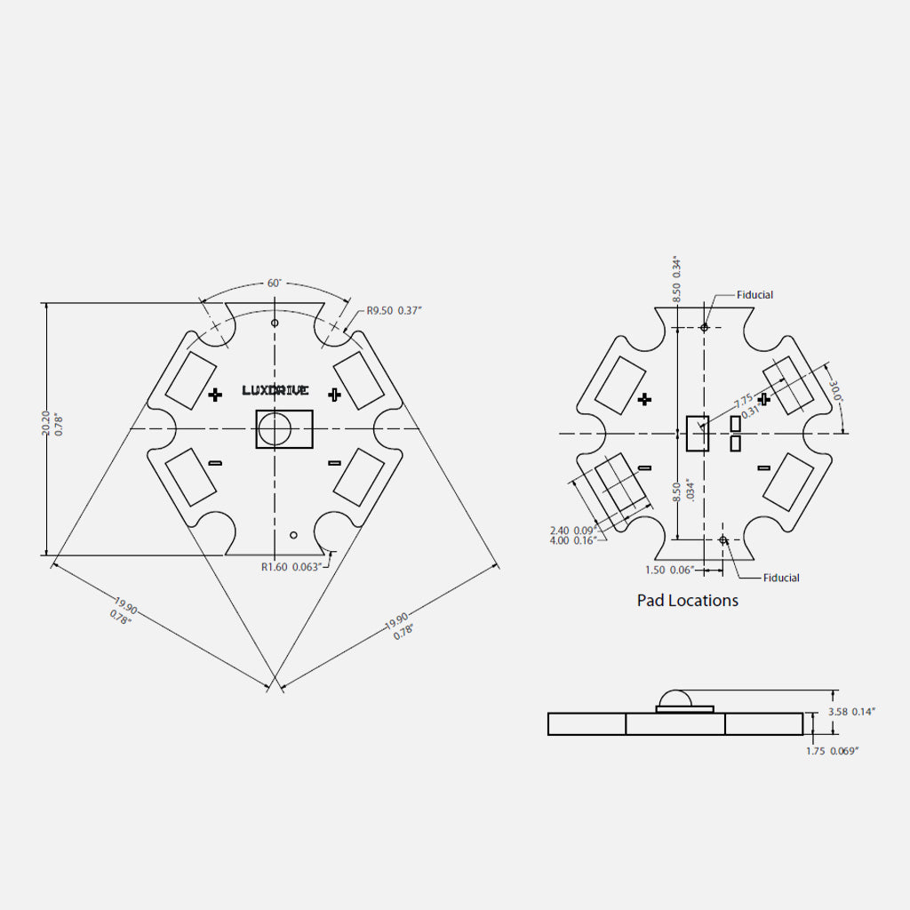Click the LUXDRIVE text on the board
tap(275, 390)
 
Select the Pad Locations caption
tap(687, 601)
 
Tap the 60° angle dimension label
tap(275, 283)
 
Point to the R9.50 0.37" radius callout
tap(395, 311)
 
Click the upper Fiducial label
tap(754, 295)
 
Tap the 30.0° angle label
tap(835, 391)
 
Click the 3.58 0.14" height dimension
tap(851, 712)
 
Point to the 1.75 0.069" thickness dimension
tap(832, 751)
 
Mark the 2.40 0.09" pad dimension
tap(571, 530)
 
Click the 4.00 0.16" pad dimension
tap(571, 540)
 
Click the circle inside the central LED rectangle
tap(275, 429)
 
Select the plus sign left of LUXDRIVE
tap(215, 395)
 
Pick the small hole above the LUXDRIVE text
tap(275, 323)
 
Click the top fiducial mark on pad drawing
tap(705, 327)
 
